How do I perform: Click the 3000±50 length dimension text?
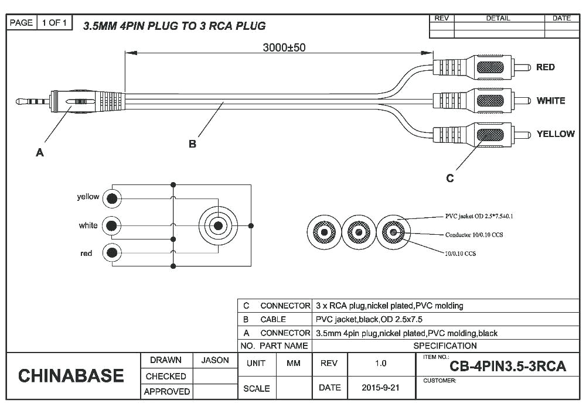283,47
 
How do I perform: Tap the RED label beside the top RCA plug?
545,67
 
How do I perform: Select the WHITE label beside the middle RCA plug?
550,101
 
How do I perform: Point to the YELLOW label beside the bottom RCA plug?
555,134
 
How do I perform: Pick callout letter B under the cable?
192,144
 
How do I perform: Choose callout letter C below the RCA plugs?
449,178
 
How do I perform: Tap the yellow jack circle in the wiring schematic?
111,199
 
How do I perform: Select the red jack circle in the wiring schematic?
111,253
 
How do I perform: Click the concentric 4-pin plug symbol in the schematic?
218,225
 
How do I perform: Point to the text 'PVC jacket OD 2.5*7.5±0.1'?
479,216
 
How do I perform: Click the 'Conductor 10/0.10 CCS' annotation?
474,235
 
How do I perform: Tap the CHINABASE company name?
71,375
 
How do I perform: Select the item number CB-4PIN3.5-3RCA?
507,367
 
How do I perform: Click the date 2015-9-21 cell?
380,388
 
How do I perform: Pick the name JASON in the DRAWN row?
215,360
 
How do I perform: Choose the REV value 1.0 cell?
380,363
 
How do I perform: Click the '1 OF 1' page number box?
56,23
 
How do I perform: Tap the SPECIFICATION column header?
445,345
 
